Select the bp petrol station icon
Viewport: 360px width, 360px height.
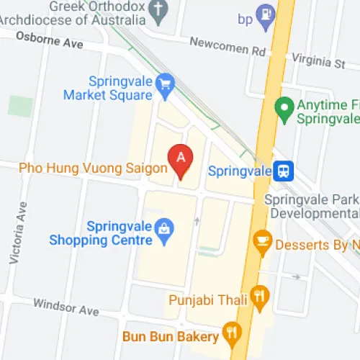coord(266,14)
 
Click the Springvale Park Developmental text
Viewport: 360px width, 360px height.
coord(311,207)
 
